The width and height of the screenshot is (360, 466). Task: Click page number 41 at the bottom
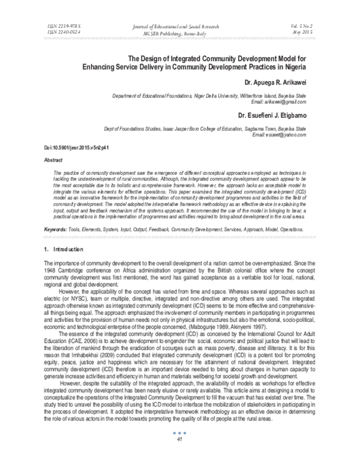pyautogui.click(x=179, y=456)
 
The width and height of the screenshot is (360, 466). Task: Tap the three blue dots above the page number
pyautogui.click(x=179, y=449)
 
